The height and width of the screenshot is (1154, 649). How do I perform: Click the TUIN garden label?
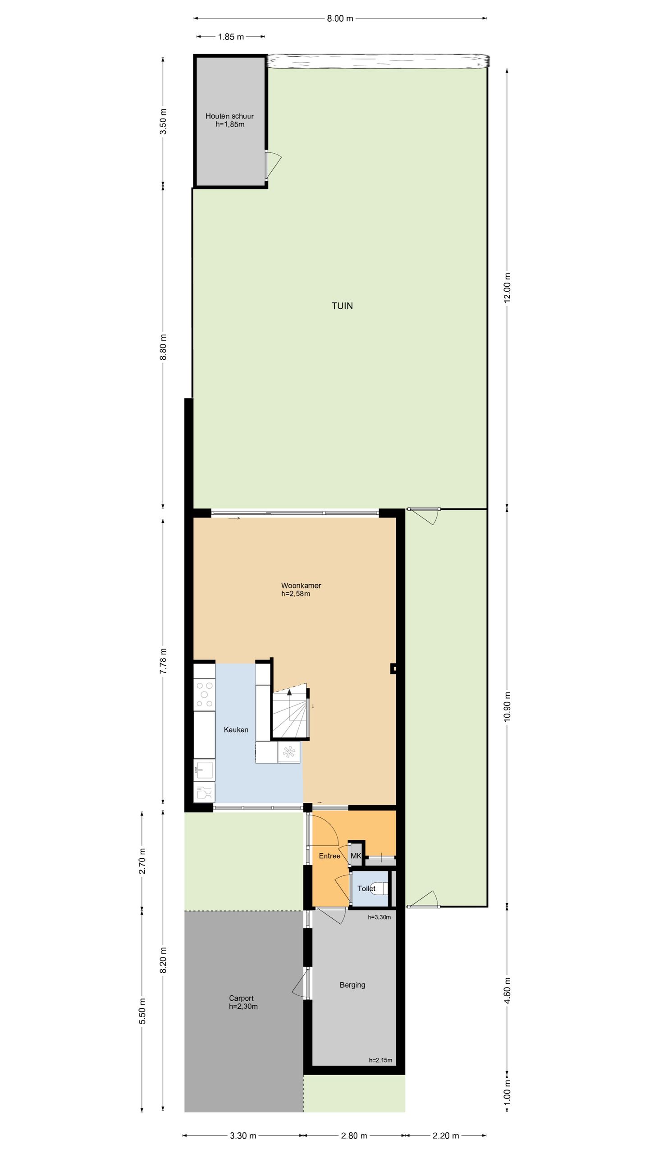pyautogui.click(x=342, y=306)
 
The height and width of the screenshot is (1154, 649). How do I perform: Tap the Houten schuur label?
pyautogui.click(x=229, y=116)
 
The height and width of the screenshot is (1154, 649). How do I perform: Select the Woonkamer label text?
pyautogui.click(x=301, y=586)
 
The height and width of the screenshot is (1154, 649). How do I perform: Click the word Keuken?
pyautogui.click(x=236, y=729)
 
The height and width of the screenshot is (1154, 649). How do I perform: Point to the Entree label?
pyautogui.click(x=329, y=856)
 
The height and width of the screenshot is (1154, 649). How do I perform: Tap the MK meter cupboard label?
pyautogui.click(x=356, y=856)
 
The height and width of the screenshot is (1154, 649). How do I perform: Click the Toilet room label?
pyautogui.click(x=366, y=888)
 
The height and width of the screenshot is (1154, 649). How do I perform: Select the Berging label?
pyautogui.click(x=352, y=985)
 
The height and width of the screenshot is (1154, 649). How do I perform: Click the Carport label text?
pyautogui.click(x=241, y=998)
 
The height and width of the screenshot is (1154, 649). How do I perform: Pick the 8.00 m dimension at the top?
pyautogui.click(x=340, y=18)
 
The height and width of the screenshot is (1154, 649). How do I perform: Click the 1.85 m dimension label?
pyautogui.click(x=231, y=37)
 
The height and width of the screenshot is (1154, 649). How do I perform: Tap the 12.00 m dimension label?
pyautogui.click(x=507, y=288)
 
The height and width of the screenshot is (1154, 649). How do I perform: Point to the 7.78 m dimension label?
pyautogui.click(x=163, y=661)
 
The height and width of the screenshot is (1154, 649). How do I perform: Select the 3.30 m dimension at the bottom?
pyautogui.click(x=243, y=1136)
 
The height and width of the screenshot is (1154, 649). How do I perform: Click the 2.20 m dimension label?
pyautogui.click(x=446, y=1136)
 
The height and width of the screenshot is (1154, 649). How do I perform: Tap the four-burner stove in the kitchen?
pyautogui.click(x=204, y=694)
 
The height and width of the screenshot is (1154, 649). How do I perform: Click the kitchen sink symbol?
pyautogui.click(x=204, y=769)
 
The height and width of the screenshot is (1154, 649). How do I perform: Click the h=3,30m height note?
pyautogui.click(x=379, y=917)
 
